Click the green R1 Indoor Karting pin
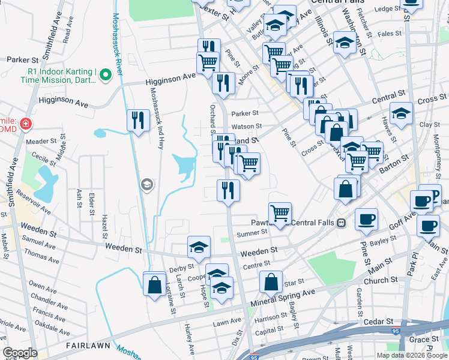(106, 76)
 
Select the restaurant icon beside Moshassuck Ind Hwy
(138, 120)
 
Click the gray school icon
(146, 185)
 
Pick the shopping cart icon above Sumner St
(280, 213)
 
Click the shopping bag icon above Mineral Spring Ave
(271, 282)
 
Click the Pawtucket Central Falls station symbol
(341, 223)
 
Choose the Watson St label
(247, 127)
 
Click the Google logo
(20, 353)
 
